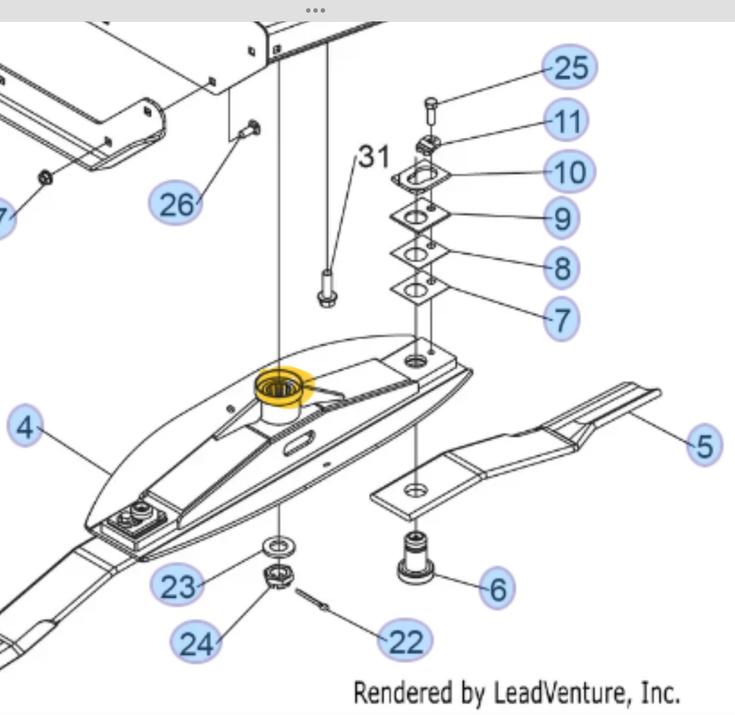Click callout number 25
[x=570, y=67]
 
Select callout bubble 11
[x=567, y=121]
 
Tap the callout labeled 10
[x=570, y=172]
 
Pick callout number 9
[x=562, y=219]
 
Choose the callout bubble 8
[x=562, y=268]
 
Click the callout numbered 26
[x=176, y=204]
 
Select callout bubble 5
[x=704, y=445]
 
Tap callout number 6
[x=497, y=588]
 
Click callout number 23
[x=177, y=586]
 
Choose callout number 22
[x=405, y=641]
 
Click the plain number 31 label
[x=374, y=157]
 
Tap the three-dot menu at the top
[x=315, y=10]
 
